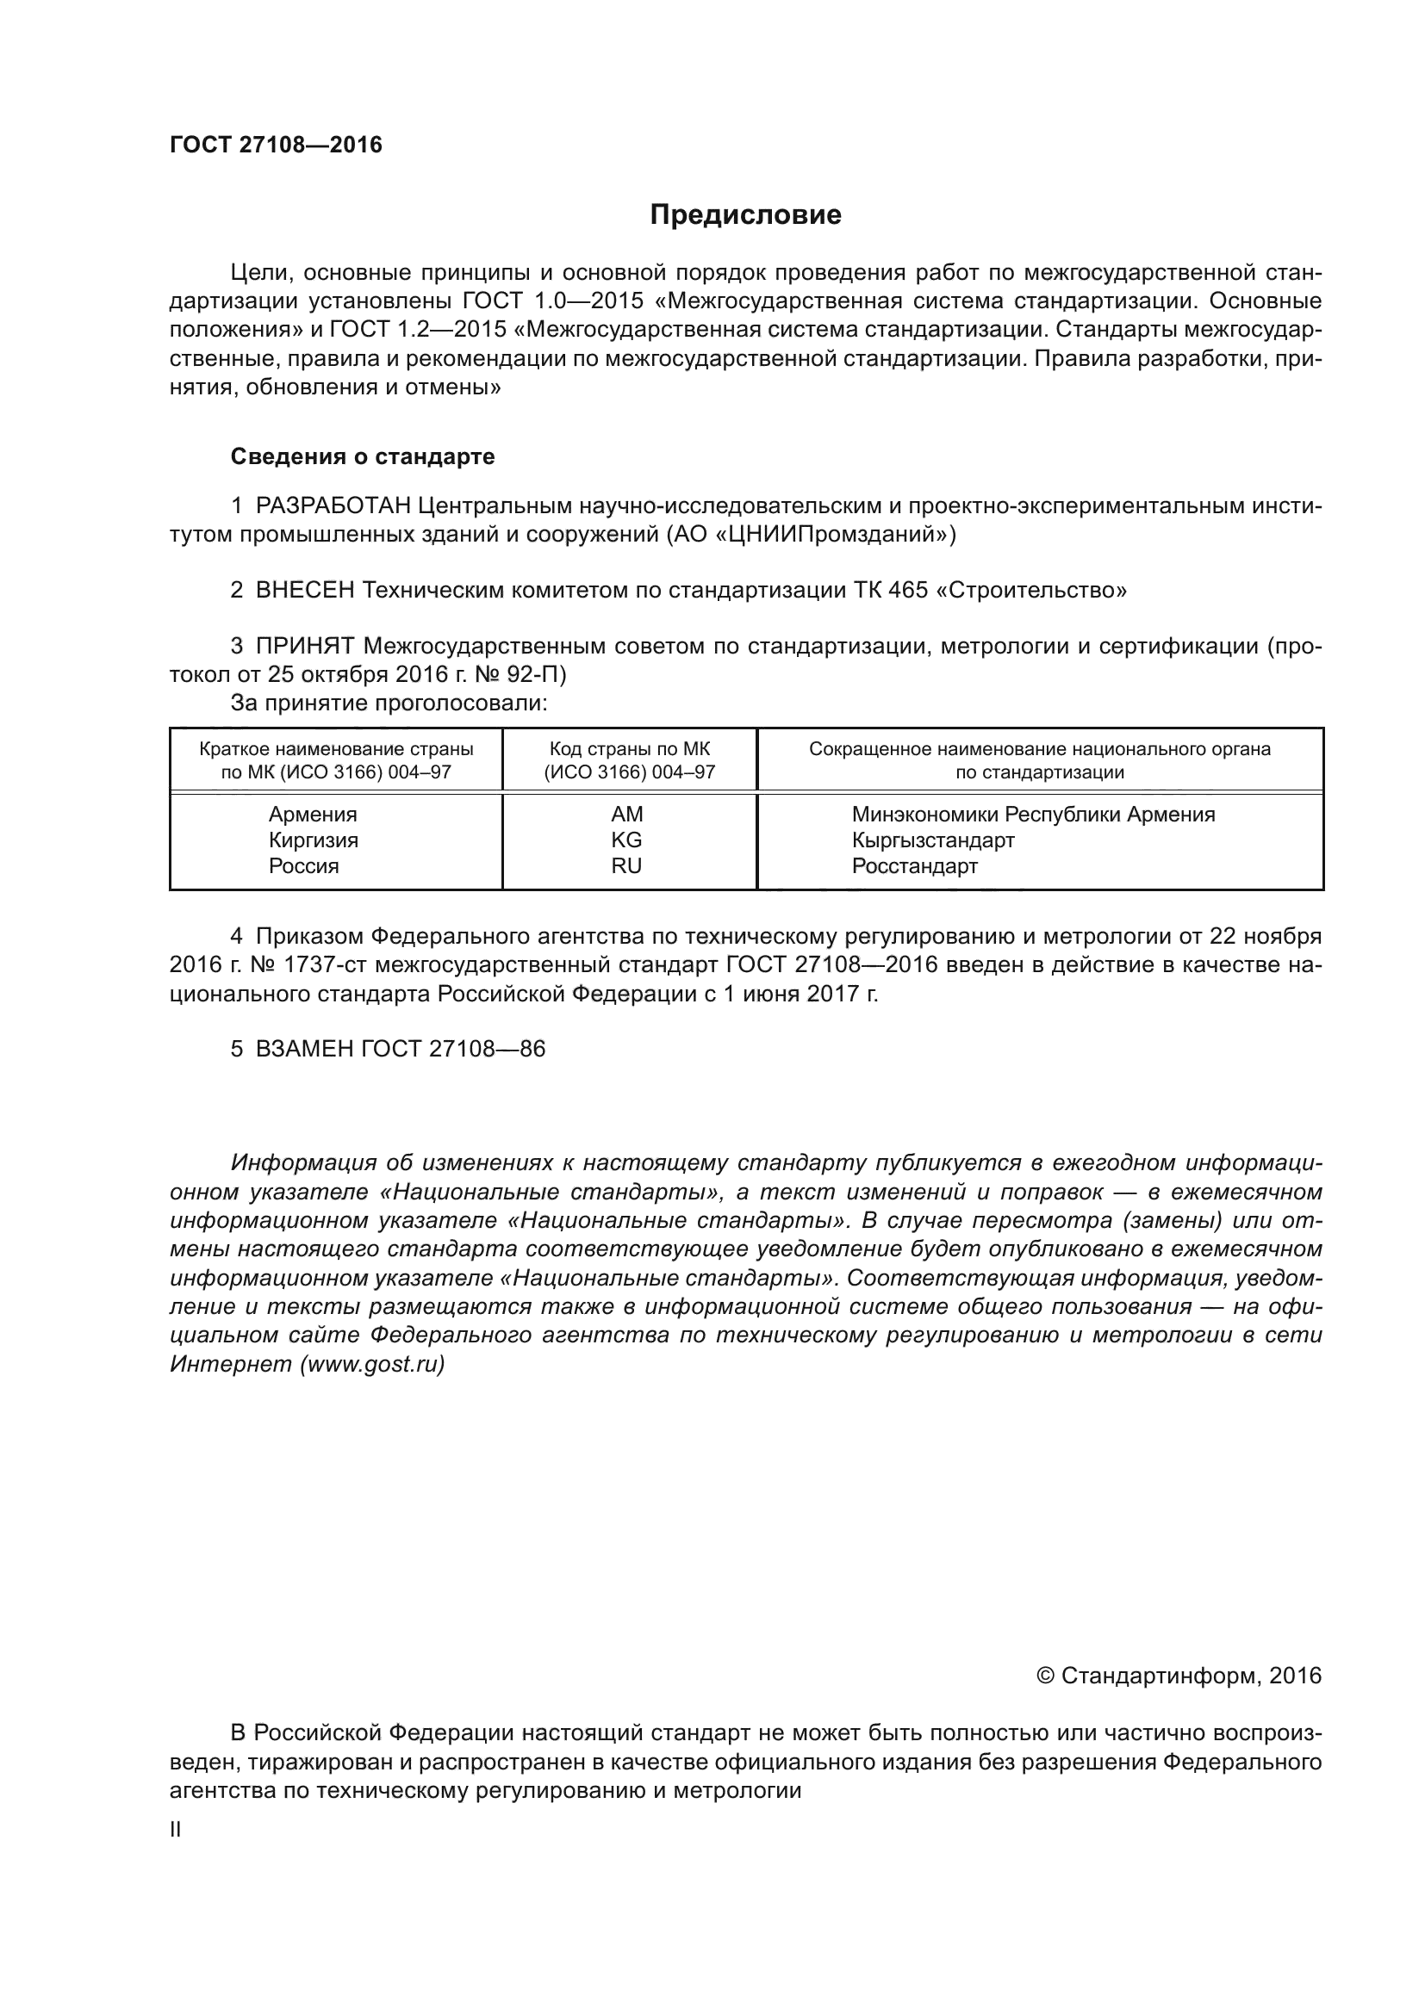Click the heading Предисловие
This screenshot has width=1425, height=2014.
click(745, 215)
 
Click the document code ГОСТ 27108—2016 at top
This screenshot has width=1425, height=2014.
click(276, 145)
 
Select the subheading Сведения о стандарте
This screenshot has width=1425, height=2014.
click(363, 456)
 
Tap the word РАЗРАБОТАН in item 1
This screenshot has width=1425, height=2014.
click(333, 506)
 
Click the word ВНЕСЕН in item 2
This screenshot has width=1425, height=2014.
click(305, 591)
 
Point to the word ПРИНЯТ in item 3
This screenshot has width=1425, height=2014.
click(305, 647)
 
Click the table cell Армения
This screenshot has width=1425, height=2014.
click(313, 814)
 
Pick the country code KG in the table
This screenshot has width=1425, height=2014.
click(626, 840)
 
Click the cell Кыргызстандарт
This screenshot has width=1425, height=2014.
click(933, 840)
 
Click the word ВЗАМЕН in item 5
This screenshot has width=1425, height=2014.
click(304, 1049)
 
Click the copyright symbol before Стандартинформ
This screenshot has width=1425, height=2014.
click(1045, 1676)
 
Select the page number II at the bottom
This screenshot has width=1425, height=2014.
click(176, 1830)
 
